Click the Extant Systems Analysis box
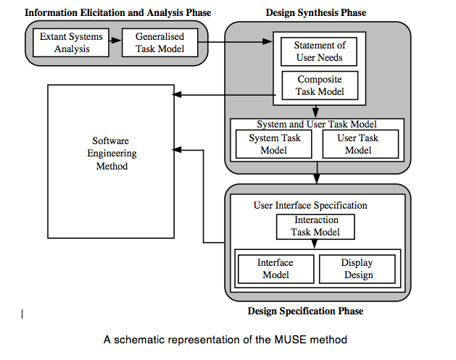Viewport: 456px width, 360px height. pyautogui.click(x=71, y=43)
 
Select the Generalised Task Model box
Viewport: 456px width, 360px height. pyautogui.click(x=159, y=43)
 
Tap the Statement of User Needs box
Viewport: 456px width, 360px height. pyautogui.click(x=319, y=51)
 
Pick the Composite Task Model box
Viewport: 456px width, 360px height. pyautogui.click(x=319, y=85)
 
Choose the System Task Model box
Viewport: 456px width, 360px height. pyautogui.click(x=273, y=144)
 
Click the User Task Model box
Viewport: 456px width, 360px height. pyautogui.click(x=358, y=144)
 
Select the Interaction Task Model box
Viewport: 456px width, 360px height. pyautogui.click(x=315, y=226)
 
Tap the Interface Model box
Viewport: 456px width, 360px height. pyautogui.click(x=275, y=269)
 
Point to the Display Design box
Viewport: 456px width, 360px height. pyautogui.click(x=357, y=269)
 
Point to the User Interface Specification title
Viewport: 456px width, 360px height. pyautogui.click(x=310, y=205)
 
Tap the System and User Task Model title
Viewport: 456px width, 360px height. pyautogui.click(x=317, y=125)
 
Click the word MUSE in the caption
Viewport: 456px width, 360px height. pyautogui.click(x=291, y=340)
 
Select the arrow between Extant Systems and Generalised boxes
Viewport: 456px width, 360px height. pyautogui.click(x=115, y=43)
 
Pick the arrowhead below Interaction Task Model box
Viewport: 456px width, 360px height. pyautogui.click(x=315, y=244)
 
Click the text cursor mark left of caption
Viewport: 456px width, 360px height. pyautogui.click(x=22, y=314)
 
